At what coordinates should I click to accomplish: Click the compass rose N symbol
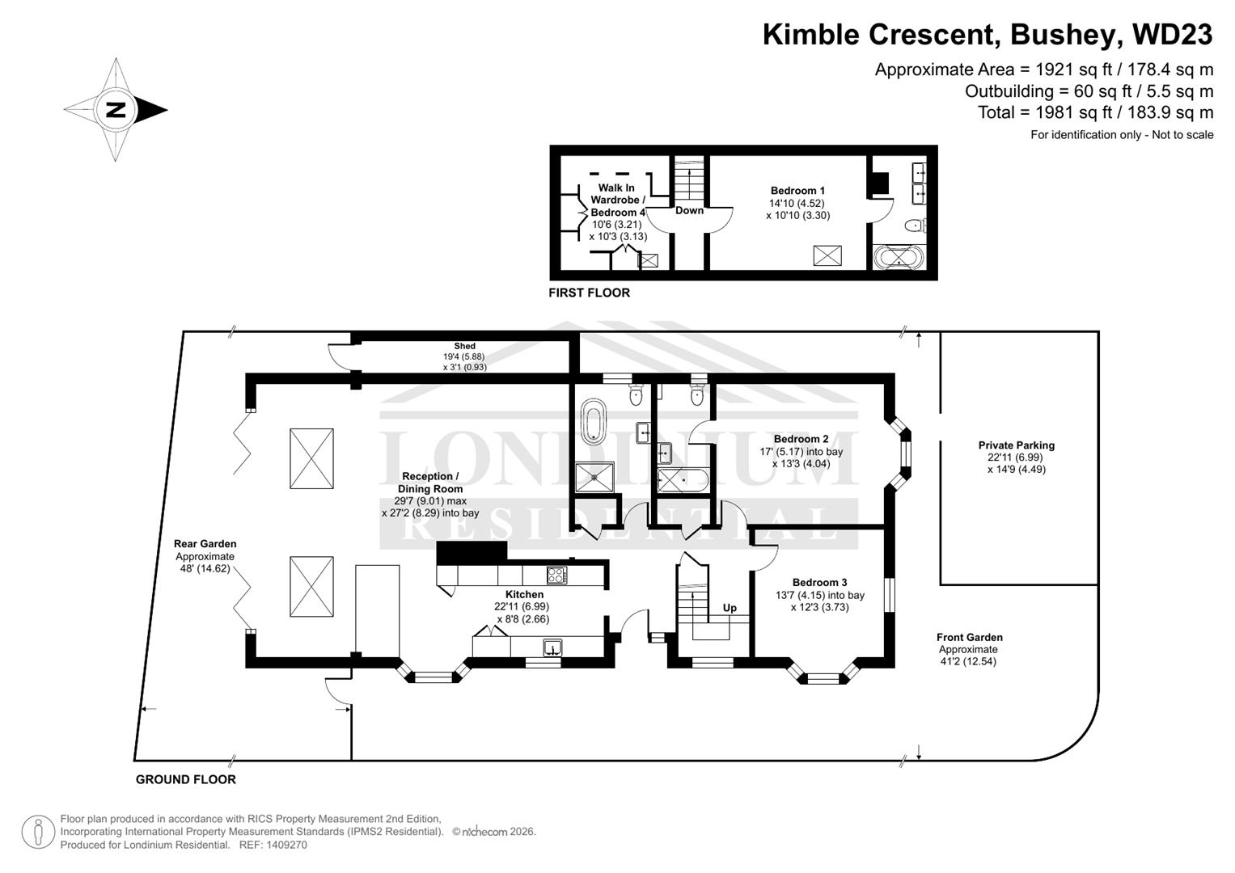coord(116,110)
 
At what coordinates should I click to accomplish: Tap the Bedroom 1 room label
coord(797,191)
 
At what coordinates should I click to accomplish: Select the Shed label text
coord(464,346)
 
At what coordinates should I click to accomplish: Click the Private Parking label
coord(1016,445)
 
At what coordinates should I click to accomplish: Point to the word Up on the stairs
coord(730,608)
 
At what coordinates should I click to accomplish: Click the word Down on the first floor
coord(689,210)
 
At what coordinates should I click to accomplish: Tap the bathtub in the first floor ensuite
coord(898,259)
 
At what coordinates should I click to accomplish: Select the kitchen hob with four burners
coord(557,576)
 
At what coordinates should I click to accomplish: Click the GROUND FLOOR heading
coord(185,780)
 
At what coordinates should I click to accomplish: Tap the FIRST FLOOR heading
coord(589,293)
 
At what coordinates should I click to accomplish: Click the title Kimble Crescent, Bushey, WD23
coord(987,35)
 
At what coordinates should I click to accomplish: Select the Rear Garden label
coord(205,544)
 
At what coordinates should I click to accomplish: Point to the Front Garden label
coord(969,638)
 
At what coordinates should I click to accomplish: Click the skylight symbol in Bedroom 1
coord(827,256)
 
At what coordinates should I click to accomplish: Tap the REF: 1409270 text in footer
coord(273,846)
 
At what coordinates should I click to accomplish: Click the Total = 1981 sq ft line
coord(1095,112)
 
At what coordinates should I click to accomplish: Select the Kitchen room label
coord(524,594)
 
